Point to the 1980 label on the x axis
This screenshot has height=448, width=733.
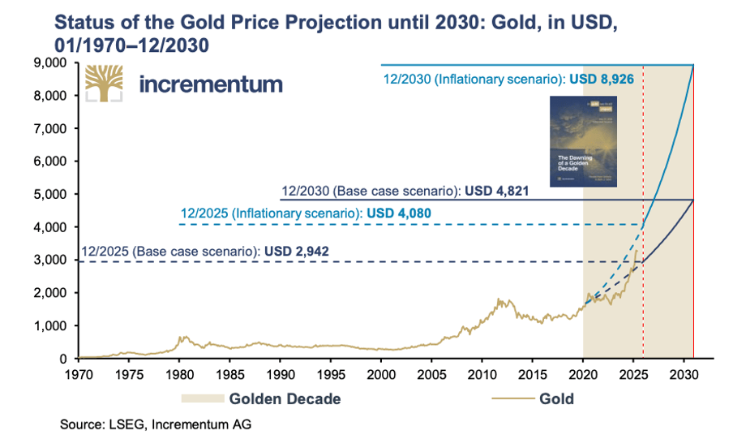180,375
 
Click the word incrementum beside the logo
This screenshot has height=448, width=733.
211,84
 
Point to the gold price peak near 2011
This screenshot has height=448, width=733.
498,300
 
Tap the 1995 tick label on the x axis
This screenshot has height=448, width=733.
331,375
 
